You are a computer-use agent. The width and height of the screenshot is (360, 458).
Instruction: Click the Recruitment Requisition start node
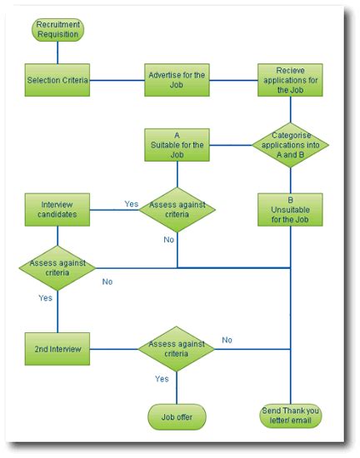click(57, 30)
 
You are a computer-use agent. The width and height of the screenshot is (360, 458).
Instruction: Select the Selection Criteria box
click(57, 81)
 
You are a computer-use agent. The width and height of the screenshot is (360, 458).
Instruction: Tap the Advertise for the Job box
click(177, 81)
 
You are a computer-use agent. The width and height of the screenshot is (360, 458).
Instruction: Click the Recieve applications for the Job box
click(290, 81)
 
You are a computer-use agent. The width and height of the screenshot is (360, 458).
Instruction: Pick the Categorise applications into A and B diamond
click(290, 145)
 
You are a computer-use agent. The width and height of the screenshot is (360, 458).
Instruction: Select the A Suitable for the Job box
click(177, 145)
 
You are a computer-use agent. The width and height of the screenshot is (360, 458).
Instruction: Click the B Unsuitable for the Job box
click(290, 210)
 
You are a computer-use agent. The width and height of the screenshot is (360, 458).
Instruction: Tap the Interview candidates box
click(57, 209)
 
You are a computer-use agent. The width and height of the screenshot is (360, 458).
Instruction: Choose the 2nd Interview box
click(57, 349)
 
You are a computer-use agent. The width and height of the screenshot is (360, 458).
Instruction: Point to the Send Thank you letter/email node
click(290, 416)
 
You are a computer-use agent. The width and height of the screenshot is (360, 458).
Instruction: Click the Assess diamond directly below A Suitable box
click(177, 209)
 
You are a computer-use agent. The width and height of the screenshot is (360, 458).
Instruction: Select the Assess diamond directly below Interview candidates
click(57, 267)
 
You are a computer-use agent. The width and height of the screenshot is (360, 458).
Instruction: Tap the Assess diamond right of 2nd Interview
click(177, 349)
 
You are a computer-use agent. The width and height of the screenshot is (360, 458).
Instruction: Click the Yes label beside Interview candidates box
click(131, 204)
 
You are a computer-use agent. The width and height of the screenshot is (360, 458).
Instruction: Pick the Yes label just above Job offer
click(162, 380)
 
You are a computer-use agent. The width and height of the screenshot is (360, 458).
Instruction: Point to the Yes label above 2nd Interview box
click(45, 298)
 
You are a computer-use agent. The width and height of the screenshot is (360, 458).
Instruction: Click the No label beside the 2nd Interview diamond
click(227, 340)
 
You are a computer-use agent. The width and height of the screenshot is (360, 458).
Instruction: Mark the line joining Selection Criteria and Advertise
click(117, 81)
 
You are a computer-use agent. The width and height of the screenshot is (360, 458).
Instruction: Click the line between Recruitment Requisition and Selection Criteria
click(57, 52)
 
